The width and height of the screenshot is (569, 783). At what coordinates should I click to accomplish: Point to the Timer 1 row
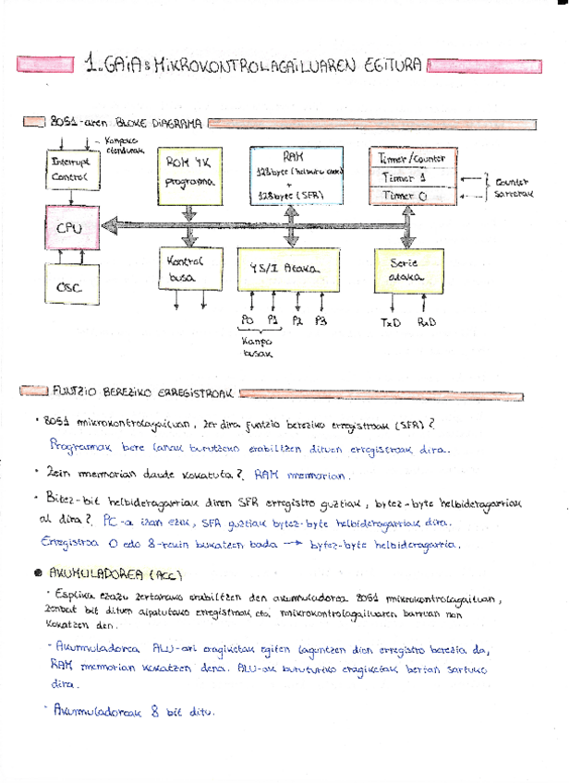coord(406,177)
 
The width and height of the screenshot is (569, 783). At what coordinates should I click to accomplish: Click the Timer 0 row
coord(406,196)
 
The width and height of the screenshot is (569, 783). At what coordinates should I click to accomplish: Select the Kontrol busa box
coord(188,270)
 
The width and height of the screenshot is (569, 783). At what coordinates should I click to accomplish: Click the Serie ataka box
coord(407,270)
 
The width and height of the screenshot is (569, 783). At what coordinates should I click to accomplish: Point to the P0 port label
coord(247,321)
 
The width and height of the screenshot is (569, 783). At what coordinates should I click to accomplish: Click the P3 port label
coord(320,321)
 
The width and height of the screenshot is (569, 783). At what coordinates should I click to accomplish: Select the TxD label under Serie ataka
coord(391,322)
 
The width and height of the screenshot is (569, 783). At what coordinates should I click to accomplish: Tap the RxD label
coord(427,322)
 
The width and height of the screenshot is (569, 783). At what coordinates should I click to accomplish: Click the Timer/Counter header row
coord(406,158)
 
